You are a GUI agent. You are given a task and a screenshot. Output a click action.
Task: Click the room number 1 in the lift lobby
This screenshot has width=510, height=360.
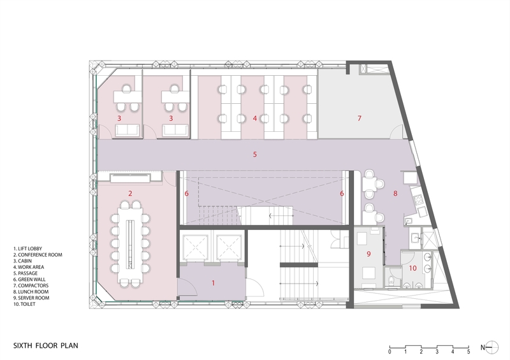214,281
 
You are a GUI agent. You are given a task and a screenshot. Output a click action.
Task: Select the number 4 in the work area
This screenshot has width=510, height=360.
254,118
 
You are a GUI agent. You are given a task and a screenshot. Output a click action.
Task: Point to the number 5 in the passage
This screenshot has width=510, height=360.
254,154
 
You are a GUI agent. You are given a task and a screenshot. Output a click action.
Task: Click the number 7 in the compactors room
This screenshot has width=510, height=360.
359,118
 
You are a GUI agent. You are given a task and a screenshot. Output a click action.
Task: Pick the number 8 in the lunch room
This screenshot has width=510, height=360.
395,192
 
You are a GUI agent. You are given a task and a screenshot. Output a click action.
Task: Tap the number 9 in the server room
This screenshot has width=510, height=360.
368,254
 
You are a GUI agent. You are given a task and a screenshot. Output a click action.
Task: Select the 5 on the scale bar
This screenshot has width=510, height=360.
468,352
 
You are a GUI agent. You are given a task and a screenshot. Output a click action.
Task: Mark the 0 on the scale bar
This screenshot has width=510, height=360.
390,352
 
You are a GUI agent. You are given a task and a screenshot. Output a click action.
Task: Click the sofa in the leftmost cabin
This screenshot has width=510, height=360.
127,131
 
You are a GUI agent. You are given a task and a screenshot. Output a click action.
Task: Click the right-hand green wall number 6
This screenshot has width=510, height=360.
342,193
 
